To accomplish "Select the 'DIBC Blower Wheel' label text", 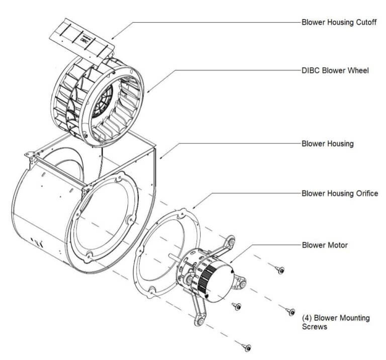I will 335,70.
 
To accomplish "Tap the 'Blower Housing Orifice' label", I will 339,193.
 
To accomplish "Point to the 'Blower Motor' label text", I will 324,245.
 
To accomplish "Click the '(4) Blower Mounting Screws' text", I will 335,322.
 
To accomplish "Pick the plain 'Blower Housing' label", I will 327,143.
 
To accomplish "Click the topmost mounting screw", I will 280,270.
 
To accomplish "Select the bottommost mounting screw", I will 246,346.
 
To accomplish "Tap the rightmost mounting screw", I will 290,312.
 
